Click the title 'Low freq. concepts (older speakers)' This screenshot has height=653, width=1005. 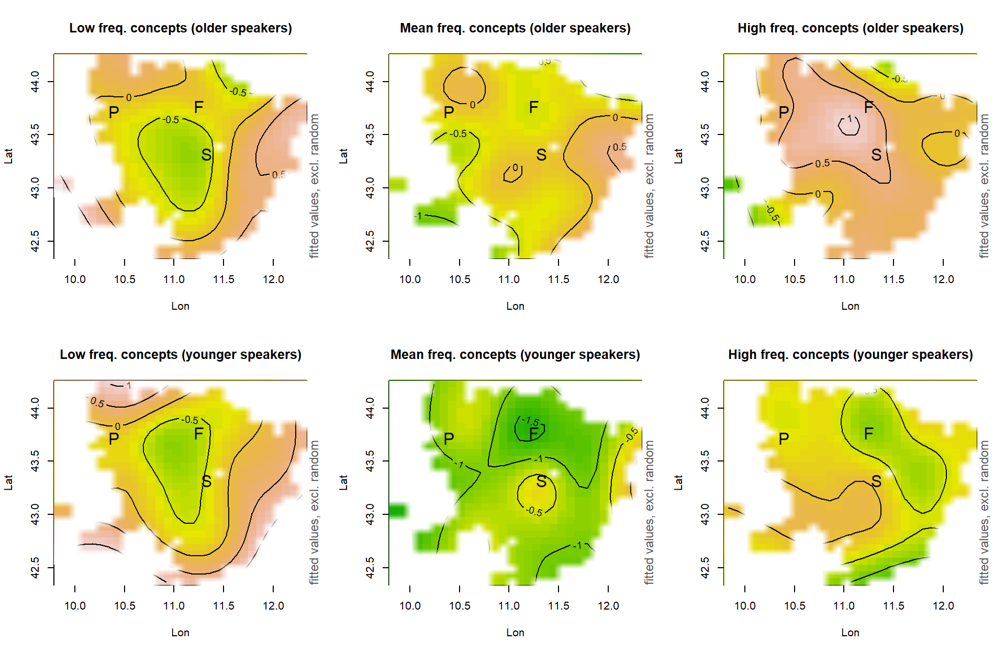point(181,28)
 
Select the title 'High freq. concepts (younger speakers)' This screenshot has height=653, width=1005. point(850,354)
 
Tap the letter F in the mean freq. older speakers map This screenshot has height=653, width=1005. point(533,108)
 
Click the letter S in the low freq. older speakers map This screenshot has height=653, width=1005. point(206,155)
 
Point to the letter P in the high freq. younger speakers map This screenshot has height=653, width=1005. point(784,439)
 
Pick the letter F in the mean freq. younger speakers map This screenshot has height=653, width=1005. point(533,434)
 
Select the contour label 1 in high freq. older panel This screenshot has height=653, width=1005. point(850,119)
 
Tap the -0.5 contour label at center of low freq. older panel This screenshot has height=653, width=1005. point(171,120)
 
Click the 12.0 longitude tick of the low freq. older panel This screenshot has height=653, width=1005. point(273,279)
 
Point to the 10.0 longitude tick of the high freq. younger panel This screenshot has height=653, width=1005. point(745,606)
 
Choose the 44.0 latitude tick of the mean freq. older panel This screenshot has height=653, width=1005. point(370,82)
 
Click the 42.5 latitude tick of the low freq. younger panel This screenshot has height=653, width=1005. point(35,568)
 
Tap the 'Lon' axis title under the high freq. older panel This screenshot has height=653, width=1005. point(850,306)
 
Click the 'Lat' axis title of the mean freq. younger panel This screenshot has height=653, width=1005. point(343,482)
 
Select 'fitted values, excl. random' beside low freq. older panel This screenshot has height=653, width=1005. point(314,186)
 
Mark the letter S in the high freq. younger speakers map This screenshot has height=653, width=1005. point(876,481)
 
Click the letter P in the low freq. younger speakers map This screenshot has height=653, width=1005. point(114,439)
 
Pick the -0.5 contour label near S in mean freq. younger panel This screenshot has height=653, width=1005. point(534,511)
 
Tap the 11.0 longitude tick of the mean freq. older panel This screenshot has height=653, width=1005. point(509,279)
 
